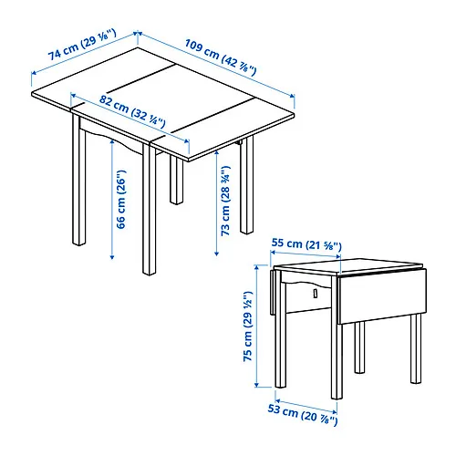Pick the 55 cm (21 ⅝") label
[x=306, y=244]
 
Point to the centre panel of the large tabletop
[x=164, y=98]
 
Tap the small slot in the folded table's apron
[x=313, y=294]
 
